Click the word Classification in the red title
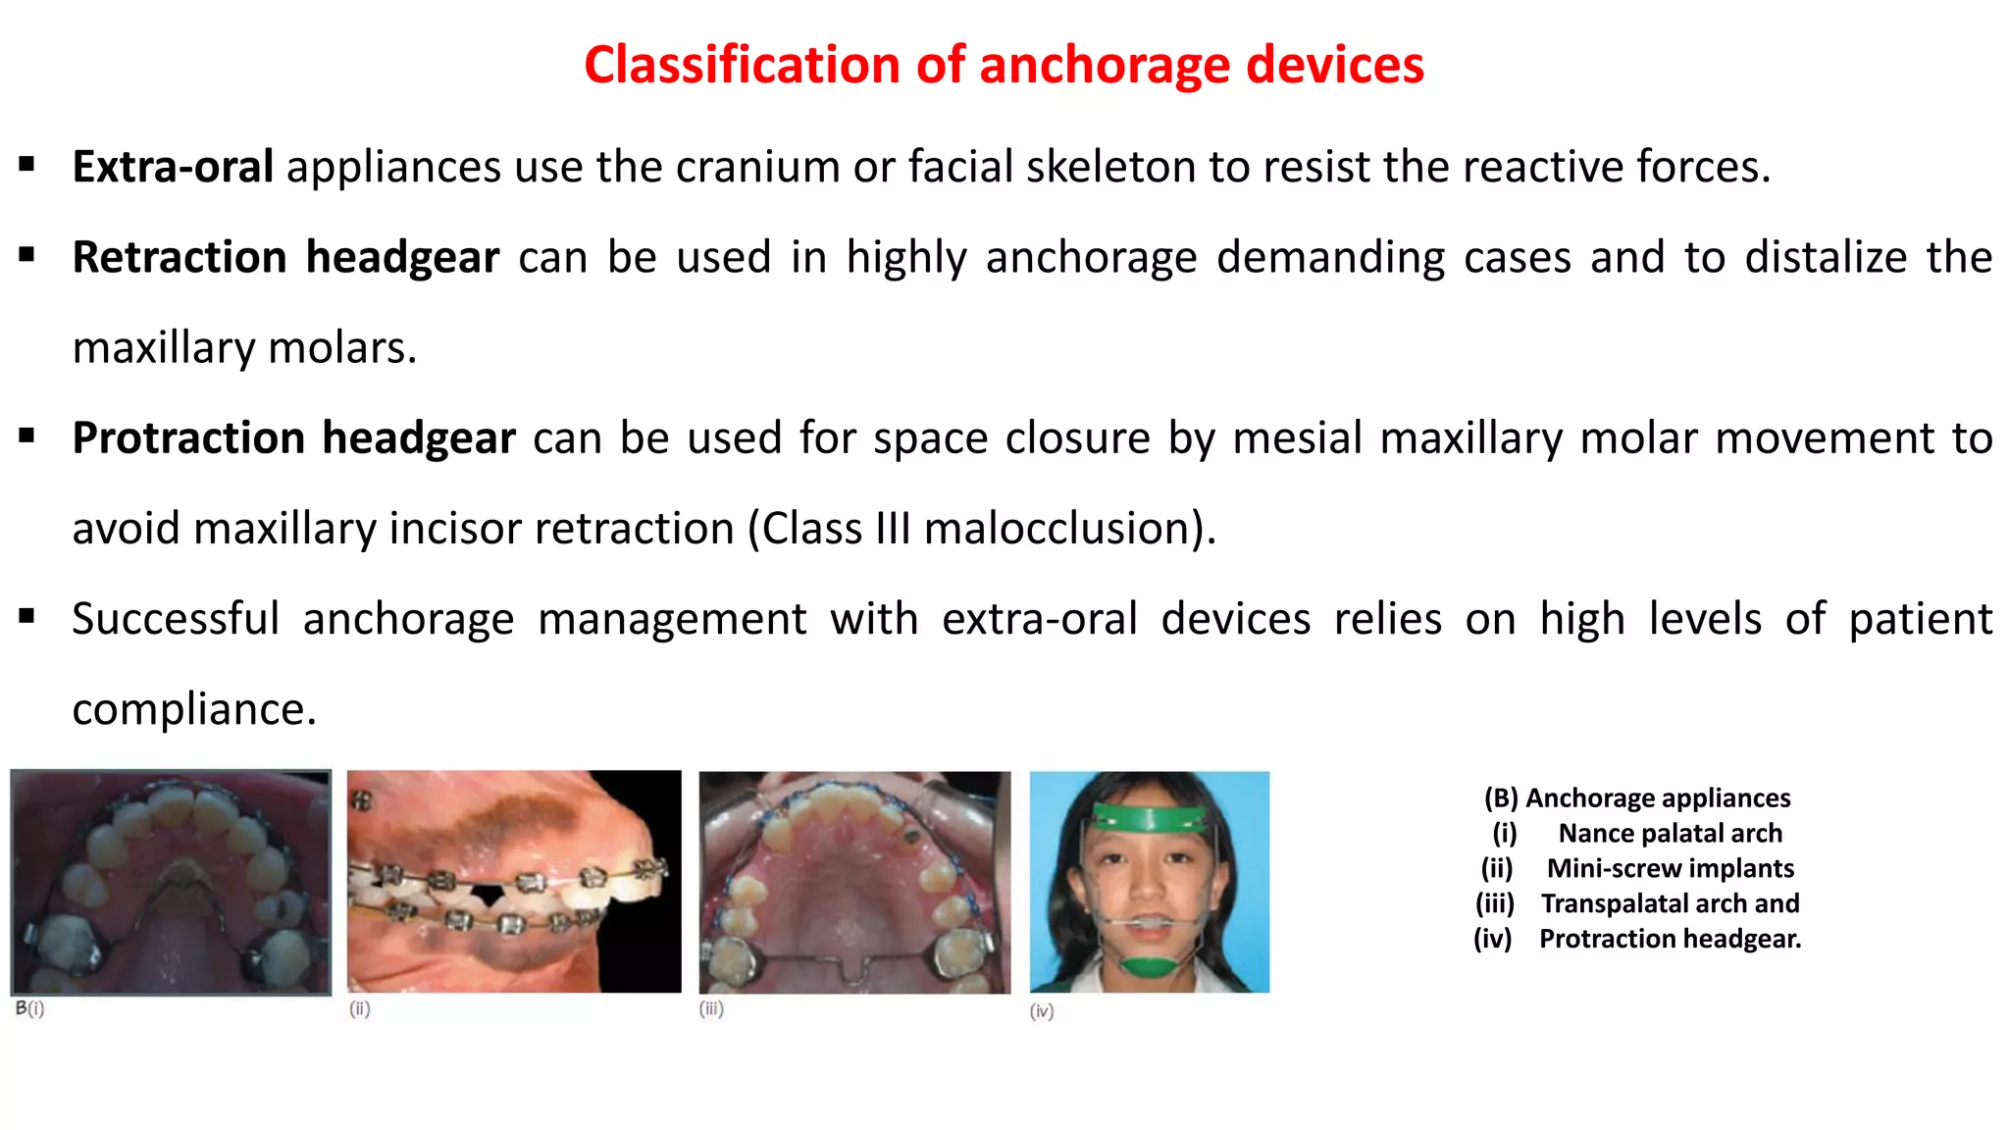[x=743, y=65]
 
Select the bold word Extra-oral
[x=173, y=167]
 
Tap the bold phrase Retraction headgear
[x=285, y=257]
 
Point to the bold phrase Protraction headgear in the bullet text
[x=293, y=437]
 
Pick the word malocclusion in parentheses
[x=1056, y=529]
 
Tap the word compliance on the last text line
[x=193, y=709]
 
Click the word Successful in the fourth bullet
[x=176, y=619]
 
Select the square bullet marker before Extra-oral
[x=27, y=165]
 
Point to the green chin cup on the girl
[x=1150, y=965]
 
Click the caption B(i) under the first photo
[x=30, y=1008]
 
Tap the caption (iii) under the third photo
[x=711, y=1008]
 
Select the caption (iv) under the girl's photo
[x=1042, y=1011]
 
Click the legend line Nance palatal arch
[x=1670, y=834]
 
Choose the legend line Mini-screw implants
[x=1670, y=869]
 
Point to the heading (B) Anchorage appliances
[x=1637, y=798]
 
